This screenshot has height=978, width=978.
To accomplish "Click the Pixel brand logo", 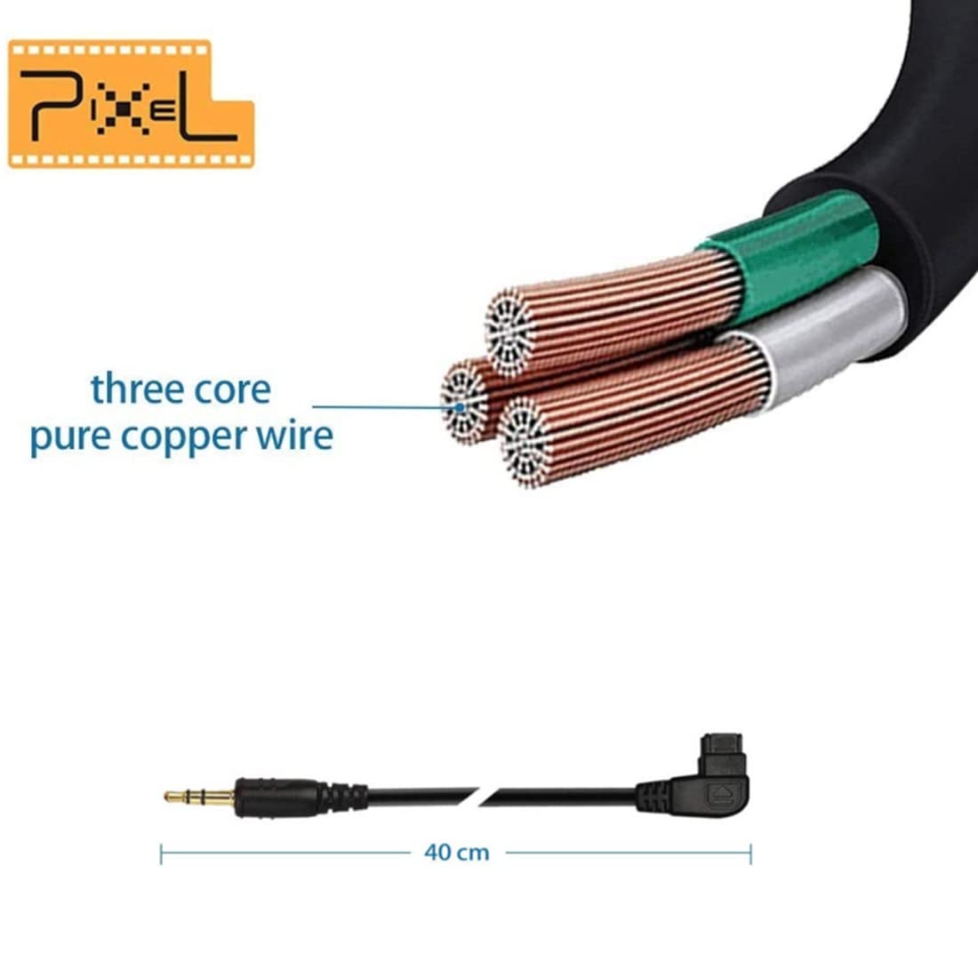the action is (x=131, y=103).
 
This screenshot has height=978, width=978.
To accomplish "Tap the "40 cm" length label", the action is (x=457, y=852).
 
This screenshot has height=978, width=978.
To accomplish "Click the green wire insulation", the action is (x=791, y=253).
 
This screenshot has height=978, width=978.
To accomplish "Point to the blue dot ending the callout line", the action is (x=460, y=408).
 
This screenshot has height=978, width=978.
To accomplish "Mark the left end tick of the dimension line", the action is (x=161, y=854).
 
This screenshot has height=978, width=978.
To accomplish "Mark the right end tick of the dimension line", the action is (x=750, y=854).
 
